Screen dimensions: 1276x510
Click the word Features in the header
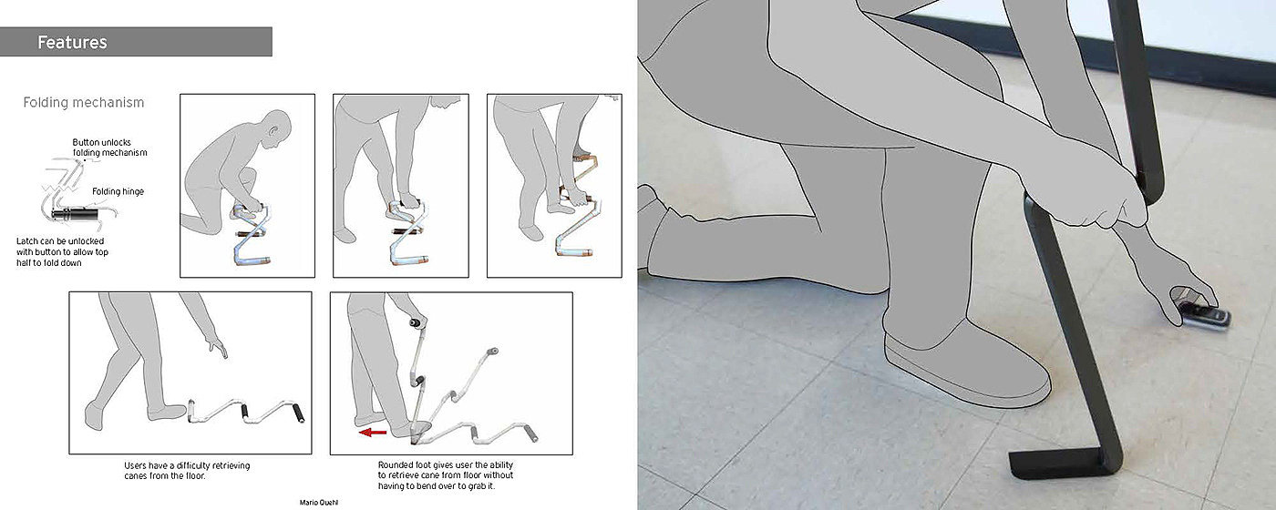[72, 42]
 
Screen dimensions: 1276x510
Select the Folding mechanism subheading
[84, 102]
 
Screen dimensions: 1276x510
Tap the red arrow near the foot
[373, 433]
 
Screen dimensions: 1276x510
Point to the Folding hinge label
[118, 191]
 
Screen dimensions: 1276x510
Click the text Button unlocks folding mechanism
[109, 148]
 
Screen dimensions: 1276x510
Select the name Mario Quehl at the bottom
[318, 503]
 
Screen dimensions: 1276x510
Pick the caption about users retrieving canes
[187, 470]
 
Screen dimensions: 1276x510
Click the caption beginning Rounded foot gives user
[446, 475]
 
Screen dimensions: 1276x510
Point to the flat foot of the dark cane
[1059, 464]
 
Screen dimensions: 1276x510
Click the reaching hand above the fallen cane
[218, 346]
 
